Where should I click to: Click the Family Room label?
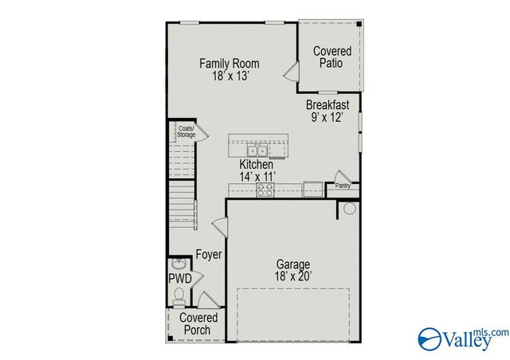[x=229, y=64]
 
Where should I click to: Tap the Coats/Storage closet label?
[x=186, y=131]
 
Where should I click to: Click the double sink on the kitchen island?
[x=257, y=149]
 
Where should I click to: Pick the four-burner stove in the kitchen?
[x=265, y=190]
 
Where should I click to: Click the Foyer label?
[x=209, y=255]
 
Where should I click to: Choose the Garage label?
[x=293, y=264]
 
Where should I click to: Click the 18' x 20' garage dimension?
[x=293, y=276]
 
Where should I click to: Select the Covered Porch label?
[x=198, y=324]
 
